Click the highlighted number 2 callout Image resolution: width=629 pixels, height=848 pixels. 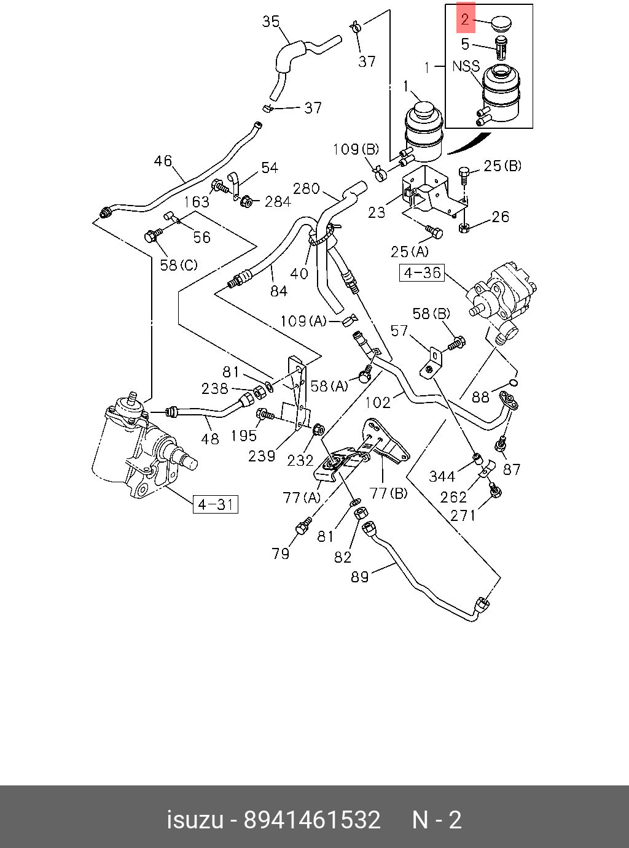[x=465, y=20]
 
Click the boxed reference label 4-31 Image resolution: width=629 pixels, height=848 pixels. [x=216, y=504]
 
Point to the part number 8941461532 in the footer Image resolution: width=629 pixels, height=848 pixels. [x=312, y=819]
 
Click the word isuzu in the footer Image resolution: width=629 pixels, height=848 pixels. [x=195, y=819]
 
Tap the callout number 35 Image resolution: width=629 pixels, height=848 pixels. [x=271, y=22]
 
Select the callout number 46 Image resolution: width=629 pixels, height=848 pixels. [x=163, y=161]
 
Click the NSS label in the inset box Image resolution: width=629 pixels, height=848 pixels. [x=466, y=66]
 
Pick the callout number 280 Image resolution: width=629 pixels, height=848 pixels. [x=307, y=188]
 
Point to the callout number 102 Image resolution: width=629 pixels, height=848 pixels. [x=378, y=402]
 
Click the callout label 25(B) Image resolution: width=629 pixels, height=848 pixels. [x=502, y=166]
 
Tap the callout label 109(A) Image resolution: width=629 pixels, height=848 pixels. [x=303, y=321]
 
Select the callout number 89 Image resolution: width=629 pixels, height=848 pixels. [x=359, y=577]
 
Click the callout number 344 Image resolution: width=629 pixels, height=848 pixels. [x=442, y=476]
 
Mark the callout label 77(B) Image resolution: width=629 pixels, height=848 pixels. [x=389, y=492]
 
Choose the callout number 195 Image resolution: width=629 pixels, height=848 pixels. [x=244, y=435]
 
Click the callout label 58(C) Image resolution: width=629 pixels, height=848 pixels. [x=179, y=265]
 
